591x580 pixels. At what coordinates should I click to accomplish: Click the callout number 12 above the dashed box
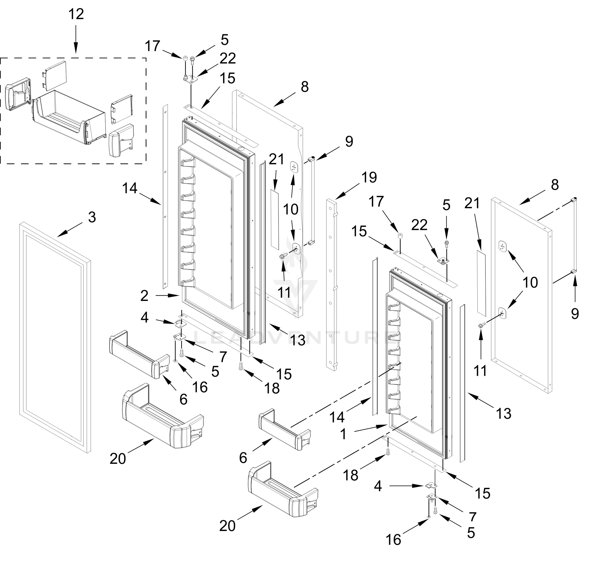pos(76,14)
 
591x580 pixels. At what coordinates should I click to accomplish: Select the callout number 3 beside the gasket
pos(92,217)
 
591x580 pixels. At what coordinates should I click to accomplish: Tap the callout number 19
pos(369,177)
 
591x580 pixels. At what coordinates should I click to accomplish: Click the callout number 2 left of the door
pos(144,296)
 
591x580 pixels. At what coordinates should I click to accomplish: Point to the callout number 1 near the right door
pos(343,434)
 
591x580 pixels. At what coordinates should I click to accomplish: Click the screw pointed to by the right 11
pos(481,325)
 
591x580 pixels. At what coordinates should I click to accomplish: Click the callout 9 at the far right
pos(575,314)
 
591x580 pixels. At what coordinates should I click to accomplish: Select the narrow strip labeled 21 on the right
pos(481,282)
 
